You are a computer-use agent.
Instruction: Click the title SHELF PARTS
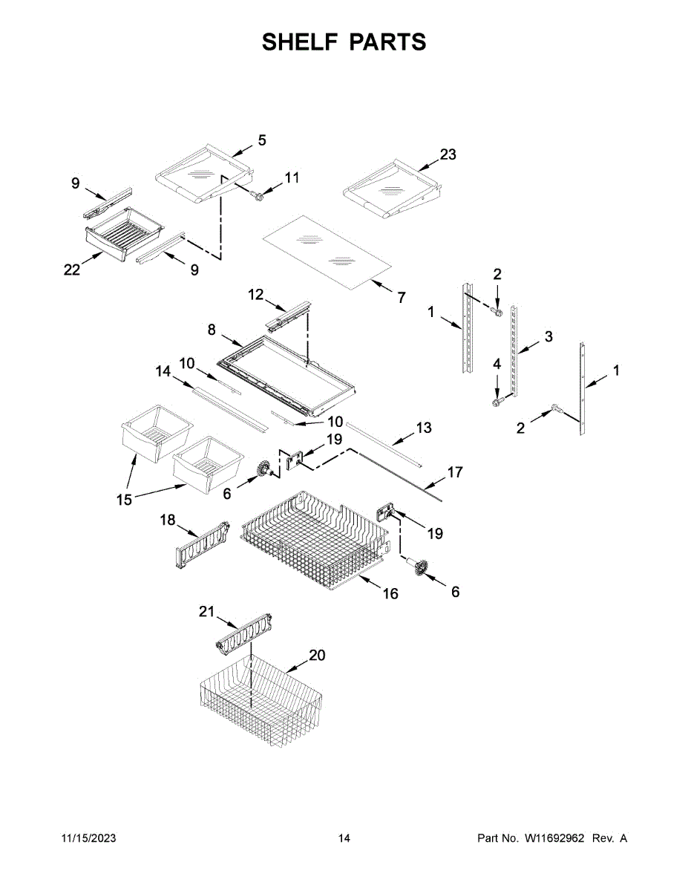[344, 42]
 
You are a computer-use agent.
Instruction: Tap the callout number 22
[71, 270]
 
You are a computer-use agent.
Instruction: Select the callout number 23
[448, 155]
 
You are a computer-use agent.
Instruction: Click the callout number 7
[402, 298]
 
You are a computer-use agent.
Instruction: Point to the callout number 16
[390, 593]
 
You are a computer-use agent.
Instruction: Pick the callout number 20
[317, 656]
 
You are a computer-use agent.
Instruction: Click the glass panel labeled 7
[327, 253]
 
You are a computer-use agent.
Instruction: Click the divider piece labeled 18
[202, 547]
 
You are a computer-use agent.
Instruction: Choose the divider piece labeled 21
[243, 633]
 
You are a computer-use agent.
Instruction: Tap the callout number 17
[454, 471]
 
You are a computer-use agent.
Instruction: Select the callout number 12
[255, 295]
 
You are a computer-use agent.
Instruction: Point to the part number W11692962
[555, 838]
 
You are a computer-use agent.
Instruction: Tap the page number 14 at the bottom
[344, 838]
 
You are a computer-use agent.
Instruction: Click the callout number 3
[548, 336]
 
